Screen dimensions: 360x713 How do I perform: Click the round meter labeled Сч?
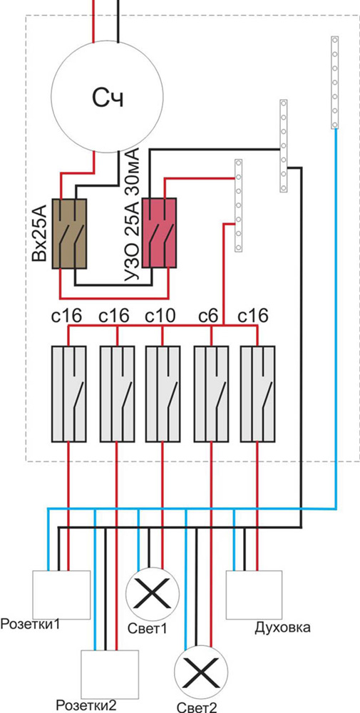[x=106, y=97]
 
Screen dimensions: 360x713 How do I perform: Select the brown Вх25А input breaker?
[x=69, y=233]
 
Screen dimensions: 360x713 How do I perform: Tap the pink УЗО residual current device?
[x=159, y=232]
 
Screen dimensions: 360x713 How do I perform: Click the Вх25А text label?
[x=40, y=233]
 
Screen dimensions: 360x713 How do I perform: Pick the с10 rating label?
[x=160, y=315]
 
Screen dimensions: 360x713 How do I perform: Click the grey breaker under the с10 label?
[x=163, y=394]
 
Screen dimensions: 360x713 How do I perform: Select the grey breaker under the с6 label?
[x=211, y=394]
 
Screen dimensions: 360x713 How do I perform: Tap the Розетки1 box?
[x=61, y=595]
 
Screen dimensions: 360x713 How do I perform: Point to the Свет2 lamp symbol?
[x=201, y=672]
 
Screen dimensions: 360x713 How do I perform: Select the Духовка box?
[x=254, y=595]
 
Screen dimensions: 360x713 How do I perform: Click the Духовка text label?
[x=282, y=628]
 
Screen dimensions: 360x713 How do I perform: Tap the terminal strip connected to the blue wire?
[x=334, y=82]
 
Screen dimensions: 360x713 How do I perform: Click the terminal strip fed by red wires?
[x=238, y=205]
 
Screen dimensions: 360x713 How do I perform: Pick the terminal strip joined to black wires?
[x=283, y=146]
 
